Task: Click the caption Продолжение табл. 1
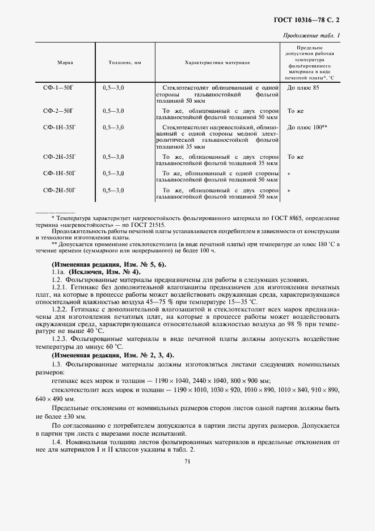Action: (311, 36)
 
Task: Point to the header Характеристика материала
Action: (217, 62)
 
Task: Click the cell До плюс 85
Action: (303, 88)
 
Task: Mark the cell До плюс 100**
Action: (307, 128)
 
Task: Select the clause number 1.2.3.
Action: (61, 338)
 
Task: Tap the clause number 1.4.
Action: (56, 441)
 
